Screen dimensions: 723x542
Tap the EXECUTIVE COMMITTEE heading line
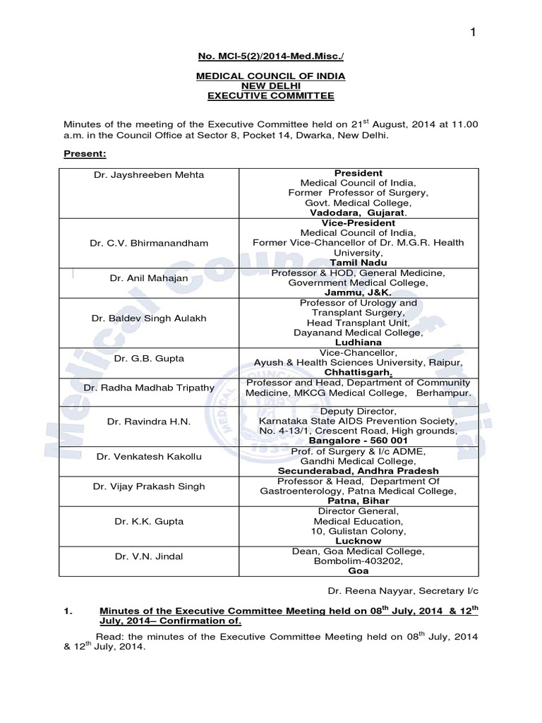click(x=271, y=95)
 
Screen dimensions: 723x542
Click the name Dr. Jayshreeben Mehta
click(x=149, y=174)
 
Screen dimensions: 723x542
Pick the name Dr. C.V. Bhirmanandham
click(x=149, y=243)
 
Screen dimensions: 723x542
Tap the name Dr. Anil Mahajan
click(x=149, y=277)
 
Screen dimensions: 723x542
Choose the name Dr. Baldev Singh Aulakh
click(x=149, y=318)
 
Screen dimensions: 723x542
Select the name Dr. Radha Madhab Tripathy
click(x=149, y=388)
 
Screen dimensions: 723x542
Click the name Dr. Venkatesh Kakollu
click(x=149, y=456)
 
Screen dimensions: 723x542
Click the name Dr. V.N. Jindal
click(x=149, y=556)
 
